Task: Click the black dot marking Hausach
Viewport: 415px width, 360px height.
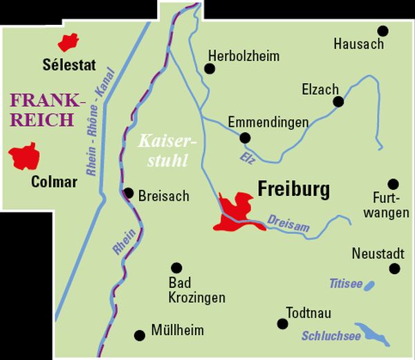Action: (x=382, y=31)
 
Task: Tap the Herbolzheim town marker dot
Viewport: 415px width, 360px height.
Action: (x=210, y=68)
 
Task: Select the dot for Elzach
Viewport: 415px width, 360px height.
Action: (x=338, y=102)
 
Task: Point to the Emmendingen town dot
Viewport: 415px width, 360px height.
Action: (x=244, y=138)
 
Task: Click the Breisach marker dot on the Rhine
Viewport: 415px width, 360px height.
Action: (x=128, y=193)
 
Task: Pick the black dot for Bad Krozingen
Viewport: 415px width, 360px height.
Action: (x=176, y=267)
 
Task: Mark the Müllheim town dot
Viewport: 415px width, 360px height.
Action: (x=140, y=335)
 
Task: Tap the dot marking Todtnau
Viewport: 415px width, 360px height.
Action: (x=282, y=323)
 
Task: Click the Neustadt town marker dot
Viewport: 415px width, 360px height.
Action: (x=395, y=269)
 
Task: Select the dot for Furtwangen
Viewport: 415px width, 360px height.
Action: (x=393, y=184)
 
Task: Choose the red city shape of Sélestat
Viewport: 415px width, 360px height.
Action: (x=68, y=42)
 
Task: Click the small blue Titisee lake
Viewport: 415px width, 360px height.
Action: (x=369, y=285)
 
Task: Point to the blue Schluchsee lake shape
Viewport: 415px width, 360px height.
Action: (x=373, y=335)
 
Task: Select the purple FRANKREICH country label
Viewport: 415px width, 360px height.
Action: (x=47, y=109)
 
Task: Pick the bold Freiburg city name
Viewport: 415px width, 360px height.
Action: (x=293, y=188)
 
